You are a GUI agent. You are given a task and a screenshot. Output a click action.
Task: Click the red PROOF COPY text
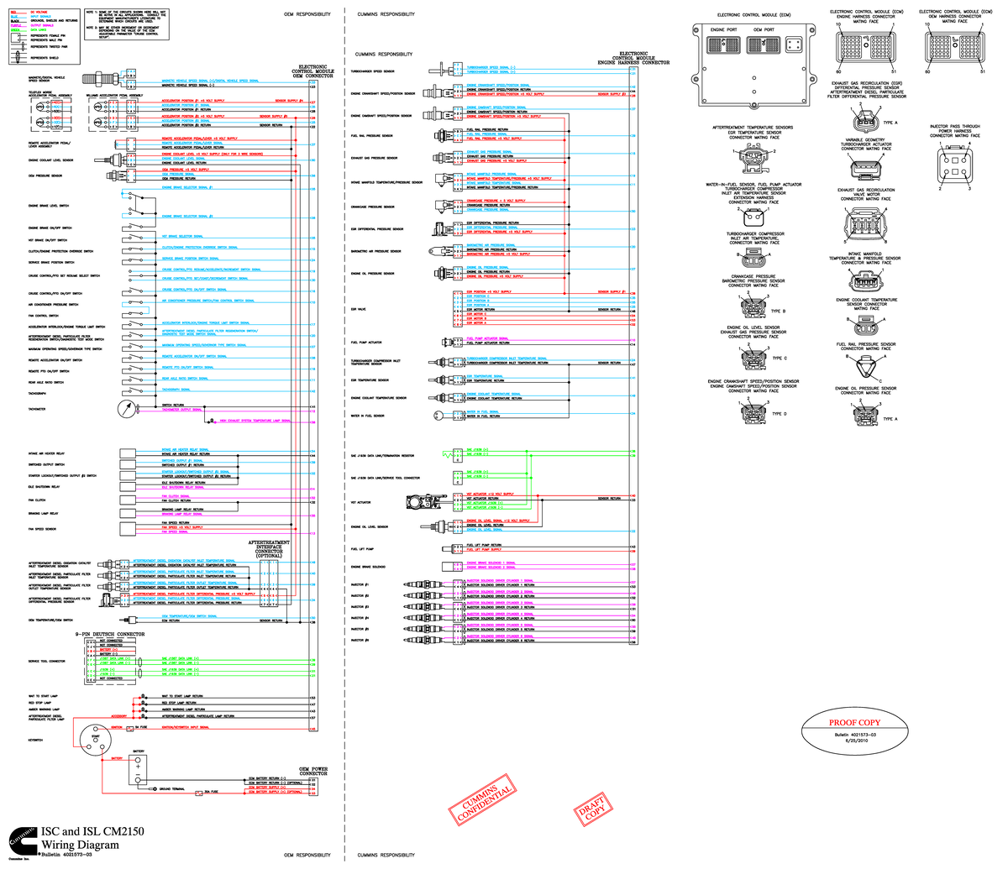click(854, 722)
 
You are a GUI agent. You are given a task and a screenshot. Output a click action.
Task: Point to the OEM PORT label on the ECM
click(763, 31)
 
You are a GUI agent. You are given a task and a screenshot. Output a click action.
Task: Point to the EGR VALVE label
click(359, 309)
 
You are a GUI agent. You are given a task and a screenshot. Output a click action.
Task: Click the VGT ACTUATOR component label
click(361, 502)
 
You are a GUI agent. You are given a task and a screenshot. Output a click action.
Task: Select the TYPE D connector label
click(779, 414)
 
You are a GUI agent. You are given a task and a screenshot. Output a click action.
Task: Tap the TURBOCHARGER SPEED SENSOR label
click(366, 71)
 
